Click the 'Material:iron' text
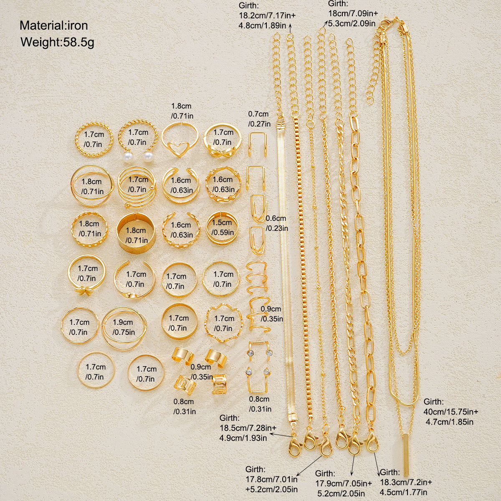(53, 25)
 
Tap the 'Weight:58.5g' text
(57, 42)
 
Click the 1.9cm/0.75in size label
(124, 327)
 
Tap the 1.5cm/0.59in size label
(222, 227)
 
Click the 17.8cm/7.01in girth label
(271, 479)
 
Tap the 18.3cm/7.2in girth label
(406, 482)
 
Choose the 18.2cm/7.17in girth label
(267, 15)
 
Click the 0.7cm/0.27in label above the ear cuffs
(259, 119)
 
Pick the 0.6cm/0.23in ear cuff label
(277, 223)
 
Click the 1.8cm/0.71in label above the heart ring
(182, 111)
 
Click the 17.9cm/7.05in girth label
(344, 483)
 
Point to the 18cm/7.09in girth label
(353, 13)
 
